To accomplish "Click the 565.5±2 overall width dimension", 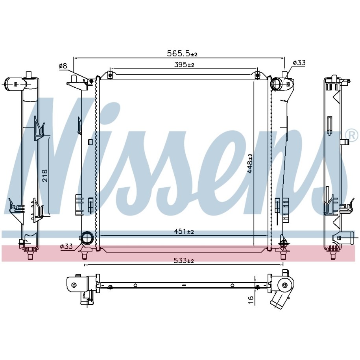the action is coord(182,54).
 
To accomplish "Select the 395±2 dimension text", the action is coord(184,65).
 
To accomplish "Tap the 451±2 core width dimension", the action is coord(184,232).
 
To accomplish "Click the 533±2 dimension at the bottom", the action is coord(184,260).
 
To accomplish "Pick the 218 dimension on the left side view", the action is coord(45,175).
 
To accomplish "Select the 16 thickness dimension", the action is coord(251,300).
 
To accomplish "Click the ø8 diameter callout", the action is coord(63,66).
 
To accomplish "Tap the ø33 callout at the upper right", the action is coord(299,63).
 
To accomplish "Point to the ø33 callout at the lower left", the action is coord(66,247).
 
